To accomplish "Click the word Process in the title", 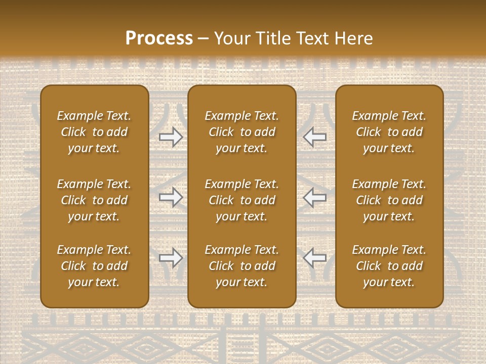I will tap(159, 38).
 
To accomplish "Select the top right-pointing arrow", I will tap(171, 136).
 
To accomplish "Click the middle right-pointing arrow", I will tap(171, 197).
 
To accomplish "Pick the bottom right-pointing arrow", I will tap(171, 258).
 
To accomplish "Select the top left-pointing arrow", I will tap(315, 136).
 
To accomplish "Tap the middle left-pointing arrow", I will tap(315, 197).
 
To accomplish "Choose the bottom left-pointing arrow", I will tap(315, 258).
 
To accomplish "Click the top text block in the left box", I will tap(94, 132).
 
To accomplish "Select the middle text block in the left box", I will tap(94, 200).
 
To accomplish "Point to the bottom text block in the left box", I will tap(94, 266).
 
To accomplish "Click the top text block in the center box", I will tap(241, 132).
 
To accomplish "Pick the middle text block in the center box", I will tap(241, 200).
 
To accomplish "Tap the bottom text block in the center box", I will tap(241, 266).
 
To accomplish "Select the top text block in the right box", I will tap(389, 132).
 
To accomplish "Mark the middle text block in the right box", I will tap(389, 200).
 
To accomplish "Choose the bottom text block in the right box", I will tap(389, 266).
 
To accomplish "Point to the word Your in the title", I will tap(231, 38).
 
